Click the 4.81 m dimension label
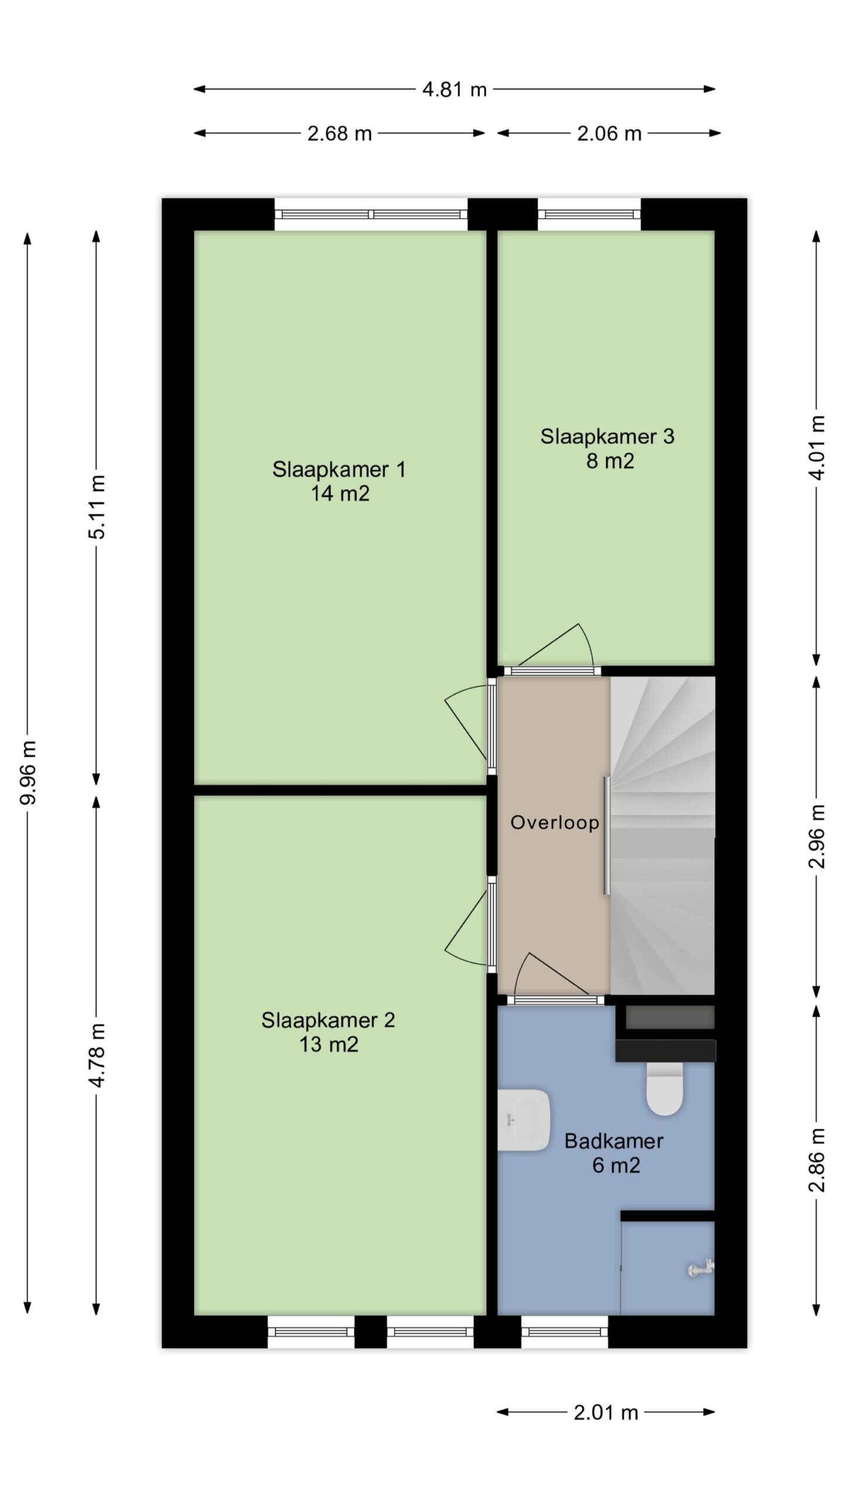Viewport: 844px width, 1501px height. coord(454,89)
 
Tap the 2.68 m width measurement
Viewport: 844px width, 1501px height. coord(339,133)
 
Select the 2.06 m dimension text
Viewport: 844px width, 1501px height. coord(609,133)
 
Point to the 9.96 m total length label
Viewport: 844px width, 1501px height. coord(28,772)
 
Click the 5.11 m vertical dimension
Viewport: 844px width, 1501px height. coord(97,507)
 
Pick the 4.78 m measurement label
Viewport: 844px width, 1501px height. coord(97,1055)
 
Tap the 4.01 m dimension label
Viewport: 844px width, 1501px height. coord(817,447)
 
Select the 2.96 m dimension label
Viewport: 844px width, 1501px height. coord(817,836)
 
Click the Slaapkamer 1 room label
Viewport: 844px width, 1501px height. coord(339,469)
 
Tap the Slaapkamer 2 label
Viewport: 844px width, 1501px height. coord(328,1020)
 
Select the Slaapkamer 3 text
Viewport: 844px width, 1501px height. coord(607,436)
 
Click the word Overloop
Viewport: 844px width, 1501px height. coord(554,823)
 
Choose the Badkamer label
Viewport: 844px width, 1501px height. coord(614,1140)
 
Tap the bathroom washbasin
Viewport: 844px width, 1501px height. coord(523,1120)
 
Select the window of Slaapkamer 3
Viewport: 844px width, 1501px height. coord(589,215)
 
